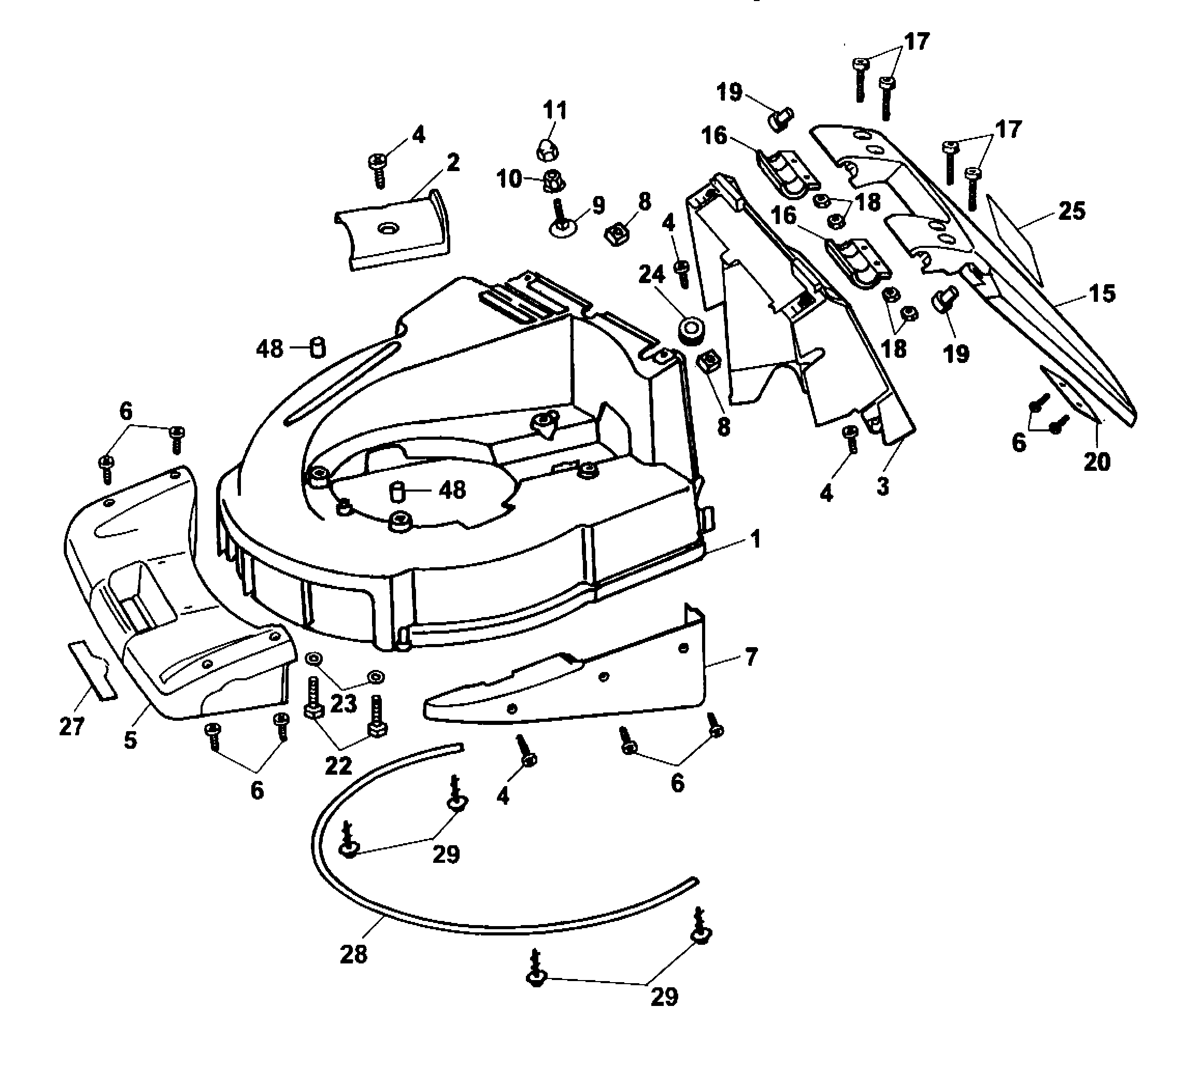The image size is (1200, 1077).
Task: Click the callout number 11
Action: [x=555, y=110]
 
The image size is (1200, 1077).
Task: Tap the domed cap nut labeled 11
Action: [x=547, y=150]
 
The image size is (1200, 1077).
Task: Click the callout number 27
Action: [x=72, y=725]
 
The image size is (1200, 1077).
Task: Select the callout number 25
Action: [x=1072, y=211]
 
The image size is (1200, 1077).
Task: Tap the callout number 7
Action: [x=751, y=657]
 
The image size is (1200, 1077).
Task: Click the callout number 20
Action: [x=1096, y=461]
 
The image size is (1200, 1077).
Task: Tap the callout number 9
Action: [x=598, y=205]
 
